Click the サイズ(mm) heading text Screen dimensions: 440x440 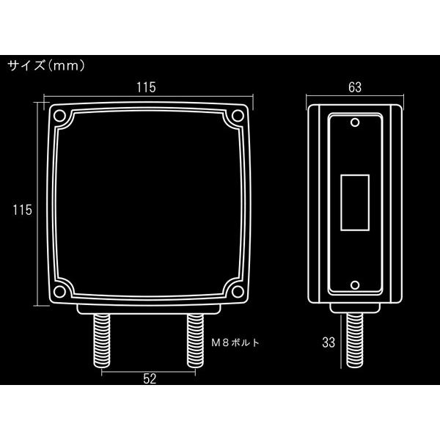(46, 66)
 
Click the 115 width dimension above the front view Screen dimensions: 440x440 (146, 87)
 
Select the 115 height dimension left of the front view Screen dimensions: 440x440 (23, 210)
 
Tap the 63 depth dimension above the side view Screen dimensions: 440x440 (355, 87)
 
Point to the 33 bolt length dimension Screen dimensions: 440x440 (329, 342)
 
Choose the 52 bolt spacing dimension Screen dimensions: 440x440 (150, 379)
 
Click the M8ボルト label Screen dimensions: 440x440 (235, 342)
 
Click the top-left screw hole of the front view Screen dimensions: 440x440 (59, 116)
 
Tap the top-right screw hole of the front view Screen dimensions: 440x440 (238, 116)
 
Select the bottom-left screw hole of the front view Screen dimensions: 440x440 (59, 292)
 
